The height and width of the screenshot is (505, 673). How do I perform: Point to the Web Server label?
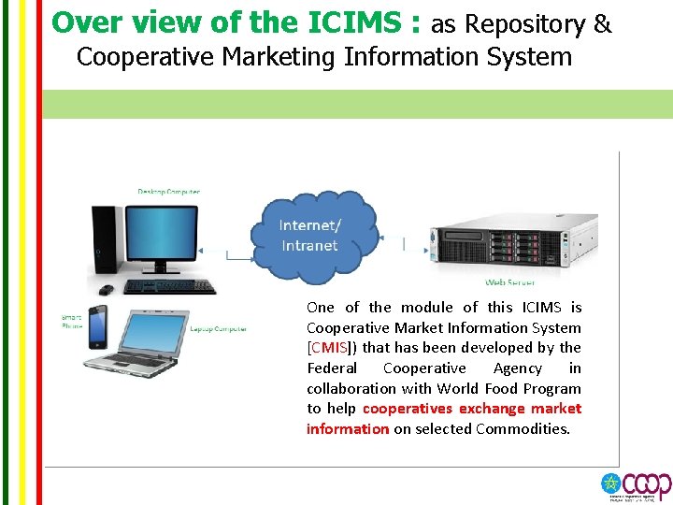coord(509,281)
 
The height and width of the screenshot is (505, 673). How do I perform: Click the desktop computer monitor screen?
coord(169,235)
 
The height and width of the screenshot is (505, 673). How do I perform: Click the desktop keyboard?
coord(170,287)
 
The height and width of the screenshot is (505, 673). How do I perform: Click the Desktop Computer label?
coord(169,192)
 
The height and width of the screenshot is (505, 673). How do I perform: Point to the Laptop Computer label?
coord(218,329)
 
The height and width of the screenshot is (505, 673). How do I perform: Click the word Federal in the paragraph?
coord(332,368)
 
